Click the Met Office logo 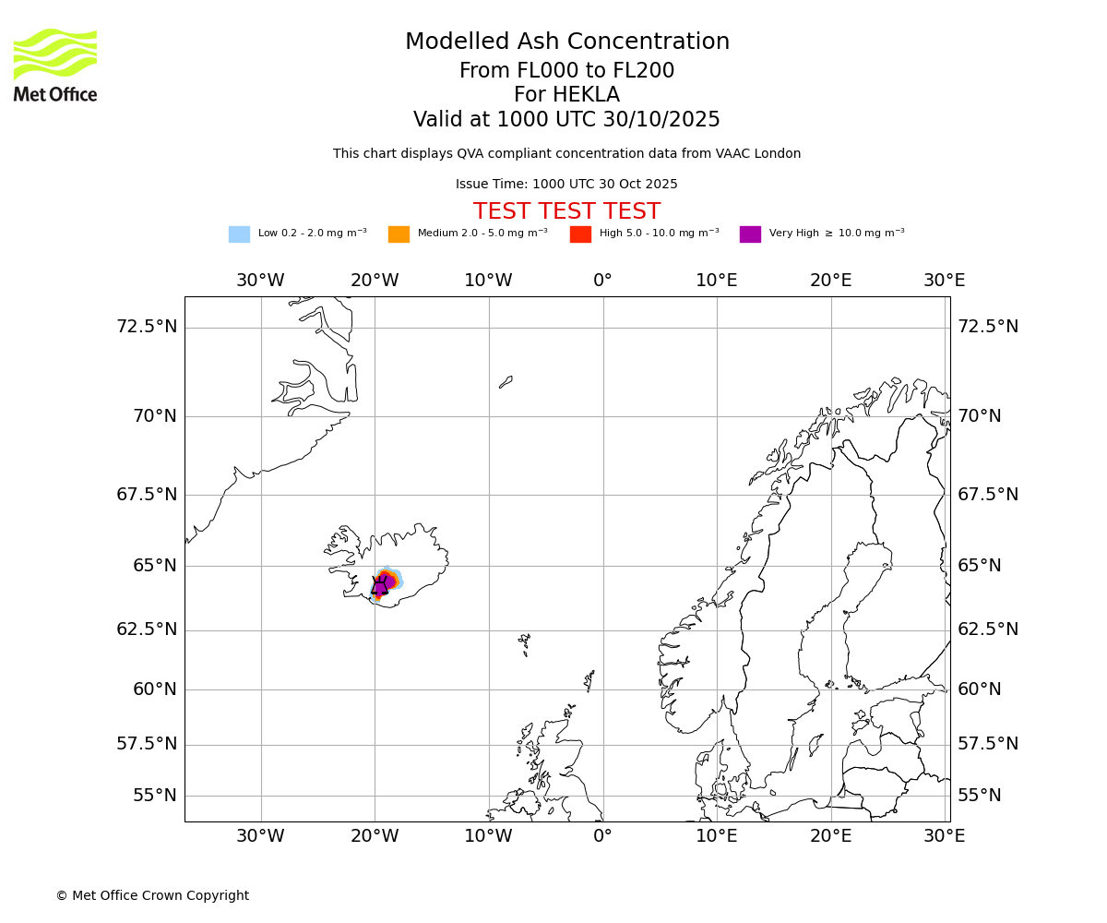tap(55, 65)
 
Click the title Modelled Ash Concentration tap(566, 42)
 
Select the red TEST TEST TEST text tap(566, 211)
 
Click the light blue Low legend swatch tap(239, 234)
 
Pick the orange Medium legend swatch tap(399, 234)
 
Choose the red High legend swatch tap(580, 234)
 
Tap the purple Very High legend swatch tap(750, 234)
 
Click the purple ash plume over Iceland tap(382, 584)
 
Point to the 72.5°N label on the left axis tap(147, 327)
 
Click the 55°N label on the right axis tap(979, 796)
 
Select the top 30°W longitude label tap(260, 281)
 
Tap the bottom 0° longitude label tap(602, 836)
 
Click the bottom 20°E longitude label tap(830, 836)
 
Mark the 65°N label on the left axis tap(154, 565)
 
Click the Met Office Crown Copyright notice tap(152, 895)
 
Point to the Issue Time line tap(566, 184)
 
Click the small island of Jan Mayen tap(506, 381)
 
